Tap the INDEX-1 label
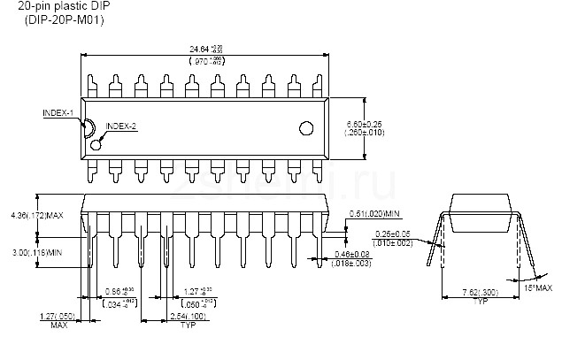(x=58, y=113)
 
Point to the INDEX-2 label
(x=121, y=126)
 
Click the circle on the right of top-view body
(x=307, y=126)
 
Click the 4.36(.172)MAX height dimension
(x=36, y=215)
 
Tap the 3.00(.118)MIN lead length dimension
(x=36, y=252)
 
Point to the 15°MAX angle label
(x=539, y=288)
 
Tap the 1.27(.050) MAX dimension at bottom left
(x=58, y=319)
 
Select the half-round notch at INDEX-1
(x=88, y=126)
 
